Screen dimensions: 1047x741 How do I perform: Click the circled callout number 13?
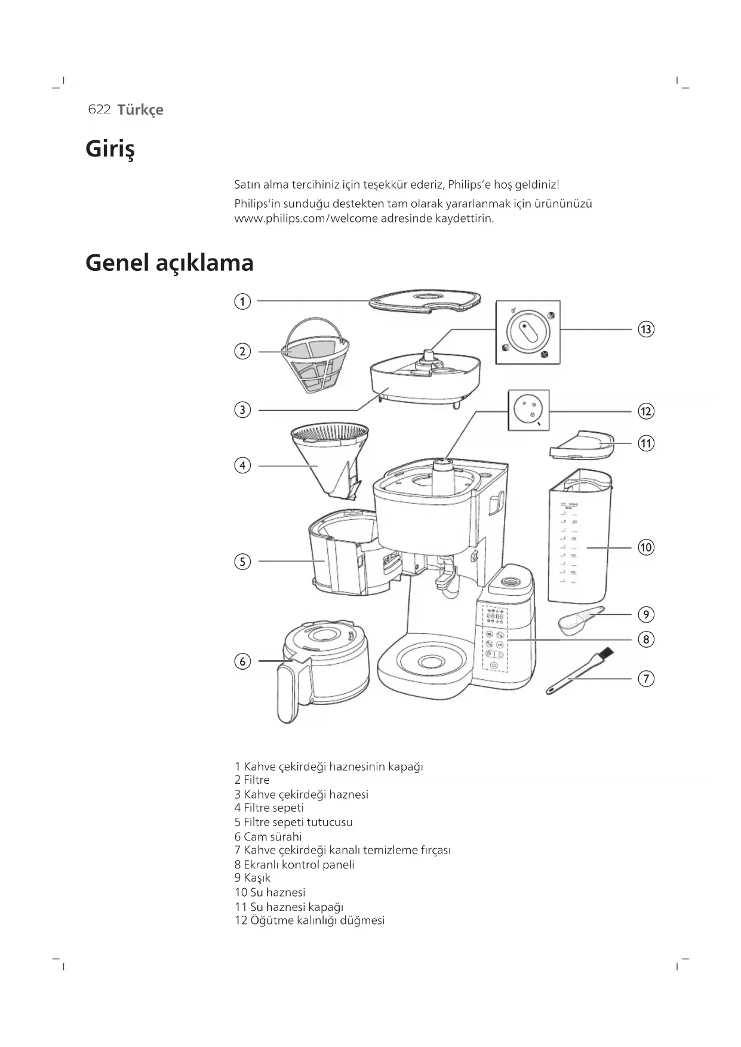pyautogui.click(x=645, y=329)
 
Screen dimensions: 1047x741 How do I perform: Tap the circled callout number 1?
pyautogui.click(x=242, y=301)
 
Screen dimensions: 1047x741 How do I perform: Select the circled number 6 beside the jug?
pyautogui.click(x=242, y=661)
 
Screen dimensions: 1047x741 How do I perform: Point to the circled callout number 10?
pyautogui.click(x=645, y=547)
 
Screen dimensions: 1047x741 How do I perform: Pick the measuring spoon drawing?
pyautogui.click(x=579, y=619)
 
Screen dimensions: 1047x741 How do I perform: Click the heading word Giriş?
pyautogui.click(x=110, y=149)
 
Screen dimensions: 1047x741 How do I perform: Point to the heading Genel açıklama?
pyautogui.click(x=170, y=263)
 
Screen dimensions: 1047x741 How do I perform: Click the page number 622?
pyautogui.click(x=99, y=109)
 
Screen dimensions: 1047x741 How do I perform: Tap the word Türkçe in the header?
pyautogui.click(x=140, y=110)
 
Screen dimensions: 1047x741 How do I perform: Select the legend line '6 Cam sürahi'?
pyautogui.click(x=268, y=836)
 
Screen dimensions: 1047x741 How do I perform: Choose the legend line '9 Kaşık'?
pyautogui.click(x=253, y=877)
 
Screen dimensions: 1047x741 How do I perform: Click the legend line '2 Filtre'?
pyautogui.click(x=252, y=780)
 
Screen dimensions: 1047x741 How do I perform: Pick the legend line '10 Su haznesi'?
pyautogui.click(x=270, y=892)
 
